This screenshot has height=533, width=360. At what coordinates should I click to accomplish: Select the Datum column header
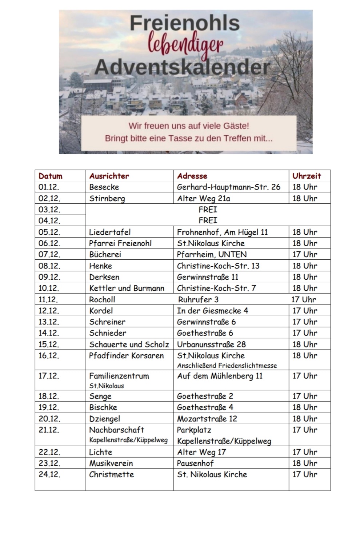click(51, 176)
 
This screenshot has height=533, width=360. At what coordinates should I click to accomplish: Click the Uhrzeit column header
click(307, 176)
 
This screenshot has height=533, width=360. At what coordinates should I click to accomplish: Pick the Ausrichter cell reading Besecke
click(104, 187)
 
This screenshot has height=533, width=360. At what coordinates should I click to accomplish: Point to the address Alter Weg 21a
click(203, 199)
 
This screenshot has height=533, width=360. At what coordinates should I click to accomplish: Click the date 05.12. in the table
click(49, 232)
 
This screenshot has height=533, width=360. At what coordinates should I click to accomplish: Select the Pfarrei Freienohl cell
click(120, 243)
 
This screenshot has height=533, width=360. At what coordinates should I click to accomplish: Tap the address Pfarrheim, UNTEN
click(212, 255)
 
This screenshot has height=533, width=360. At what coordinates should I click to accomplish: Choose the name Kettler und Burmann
click(127, 288)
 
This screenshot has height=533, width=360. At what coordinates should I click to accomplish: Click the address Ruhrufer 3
click(198, 300)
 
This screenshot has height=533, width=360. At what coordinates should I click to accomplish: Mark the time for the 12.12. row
click(305, 311)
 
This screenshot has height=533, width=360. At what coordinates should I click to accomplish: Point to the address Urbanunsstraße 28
click(211, 345)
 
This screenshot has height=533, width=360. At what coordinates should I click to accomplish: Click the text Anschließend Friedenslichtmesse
click(227, 366)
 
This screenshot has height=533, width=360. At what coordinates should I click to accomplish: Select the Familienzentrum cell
click(119, 376)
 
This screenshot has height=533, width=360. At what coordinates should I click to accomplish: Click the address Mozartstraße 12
click(207, 419)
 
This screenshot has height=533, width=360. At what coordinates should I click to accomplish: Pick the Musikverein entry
click(111, 464)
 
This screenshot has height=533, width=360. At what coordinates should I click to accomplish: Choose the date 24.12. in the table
click(49, 475)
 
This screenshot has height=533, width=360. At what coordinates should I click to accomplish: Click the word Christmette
click(111, 475)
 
